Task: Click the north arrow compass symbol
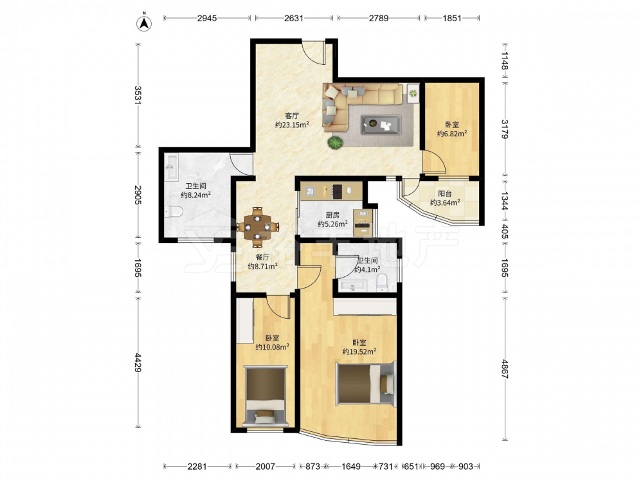click(144, 22)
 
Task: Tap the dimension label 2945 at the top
click(207, 18)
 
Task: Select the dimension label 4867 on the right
click(504, 369)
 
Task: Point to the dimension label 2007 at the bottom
click(266, 467)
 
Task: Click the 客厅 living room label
click(292, 116)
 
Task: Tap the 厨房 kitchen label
click(332, 215)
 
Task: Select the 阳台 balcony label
click(444, 193)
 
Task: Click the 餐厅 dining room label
click(262, 257)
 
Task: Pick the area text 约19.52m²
click(359, 352)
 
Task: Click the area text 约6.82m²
click(452, 133)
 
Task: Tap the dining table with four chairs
click(258, 227)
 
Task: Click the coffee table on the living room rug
click(381, 125)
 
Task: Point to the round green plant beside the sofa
click(335, 143)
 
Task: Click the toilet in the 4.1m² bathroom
click(382, 283)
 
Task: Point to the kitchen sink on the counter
click(310, 191)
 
